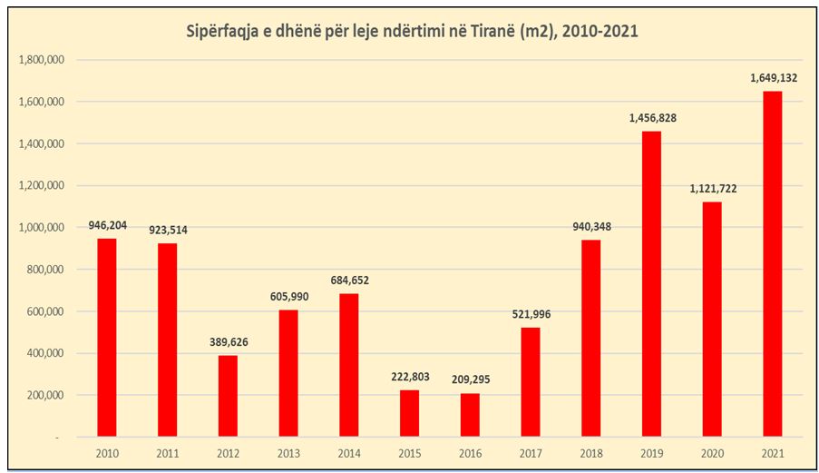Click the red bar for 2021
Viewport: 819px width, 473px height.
pos(772,263)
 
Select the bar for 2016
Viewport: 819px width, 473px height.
pos(469,415)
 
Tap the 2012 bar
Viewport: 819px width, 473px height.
pos(228,396)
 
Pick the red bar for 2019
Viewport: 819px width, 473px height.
pos(651,284)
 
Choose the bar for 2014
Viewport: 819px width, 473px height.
pos(348,365)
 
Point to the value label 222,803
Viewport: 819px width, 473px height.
pos(409,377)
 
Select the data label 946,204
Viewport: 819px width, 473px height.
pos(107,224)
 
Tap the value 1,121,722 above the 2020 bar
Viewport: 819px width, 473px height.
pos(711,188)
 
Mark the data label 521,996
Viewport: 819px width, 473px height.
pos(530,314)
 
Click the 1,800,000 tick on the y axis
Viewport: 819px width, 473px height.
pos(39,60)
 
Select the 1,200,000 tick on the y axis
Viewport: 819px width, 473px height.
pos(39,186)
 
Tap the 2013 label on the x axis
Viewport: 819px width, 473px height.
pos(288,454)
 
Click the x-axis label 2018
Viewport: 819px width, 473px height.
pos(590,454)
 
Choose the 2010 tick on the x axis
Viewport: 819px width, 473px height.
pos(107,454)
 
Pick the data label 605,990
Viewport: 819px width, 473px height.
pos(288,297)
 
